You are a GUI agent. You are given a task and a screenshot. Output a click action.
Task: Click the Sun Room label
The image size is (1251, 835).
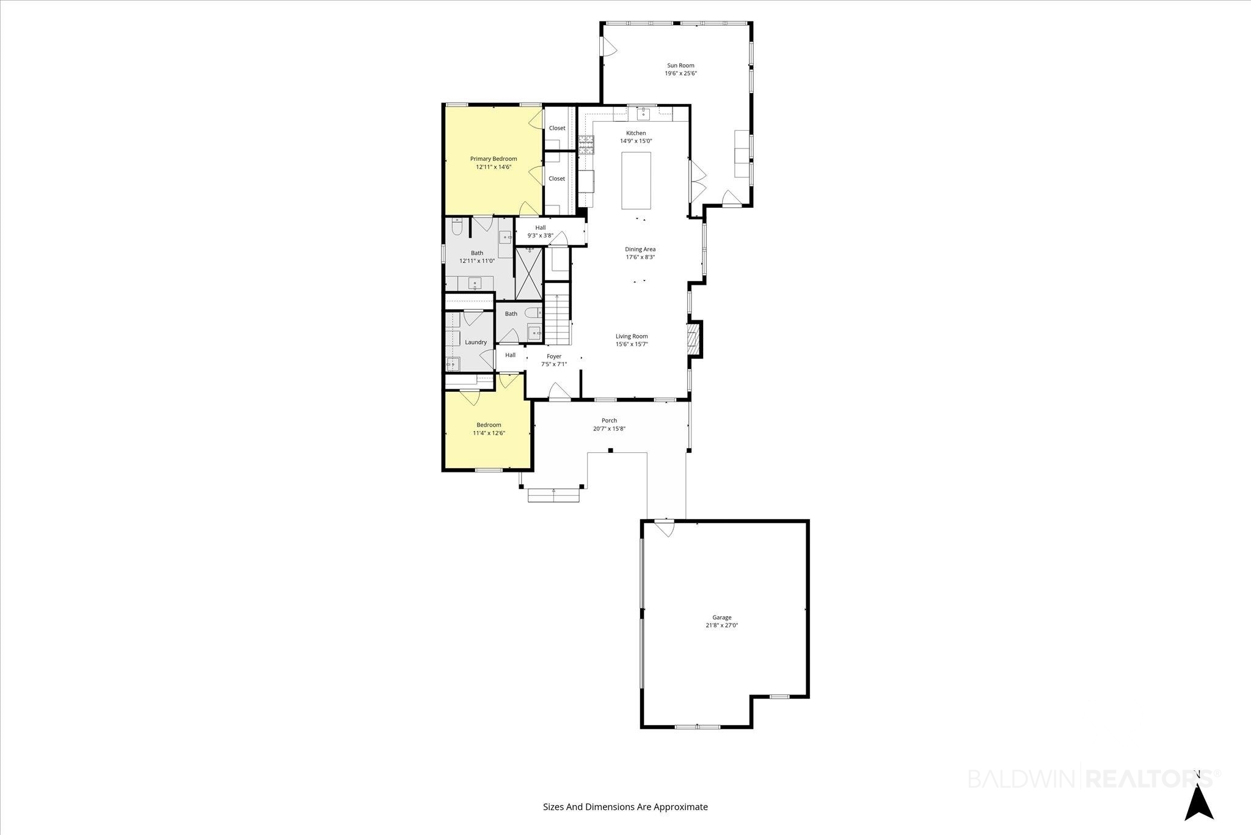(x=680, y=65)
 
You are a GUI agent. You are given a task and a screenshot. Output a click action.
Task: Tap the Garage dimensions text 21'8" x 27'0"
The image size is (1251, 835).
(x=721, y=625)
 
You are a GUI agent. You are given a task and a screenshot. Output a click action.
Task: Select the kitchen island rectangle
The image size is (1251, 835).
(x=636, y=180)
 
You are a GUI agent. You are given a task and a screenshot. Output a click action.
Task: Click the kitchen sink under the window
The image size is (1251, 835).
(x=644, y=113)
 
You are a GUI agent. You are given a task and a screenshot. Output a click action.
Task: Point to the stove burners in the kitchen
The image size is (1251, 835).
(x=586, y=145)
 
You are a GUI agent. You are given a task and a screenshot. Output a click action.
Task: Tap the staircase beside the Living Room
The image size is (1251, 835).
(x=557, y=318)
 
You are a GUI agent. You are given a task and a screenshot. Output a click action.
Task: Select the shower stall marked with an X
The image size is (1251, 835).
(x=529, y=273)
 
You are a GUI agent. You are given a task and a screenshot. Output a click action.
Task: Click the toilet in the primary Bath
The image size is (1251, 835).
(x=457, y=227)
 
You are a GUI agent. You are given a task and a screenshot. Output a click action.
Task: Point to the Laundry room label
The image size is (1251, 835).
(x=476, y=342)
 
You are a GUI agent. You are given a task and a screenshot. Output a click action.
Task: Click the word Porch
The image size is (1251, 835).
(x=609, y=421)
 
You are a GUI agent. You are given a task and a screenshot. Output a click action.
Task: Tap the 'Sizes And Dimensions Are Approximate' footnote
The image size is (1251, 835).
(x=625, y=807)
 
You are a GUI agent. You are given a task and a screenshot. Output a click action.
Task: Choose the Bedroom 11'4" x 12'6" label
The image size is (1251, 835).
(x=489, y=429)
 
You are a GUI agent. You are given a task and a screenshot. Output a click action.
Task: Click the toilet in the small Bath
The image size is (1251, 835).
(x=533, y=312)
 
